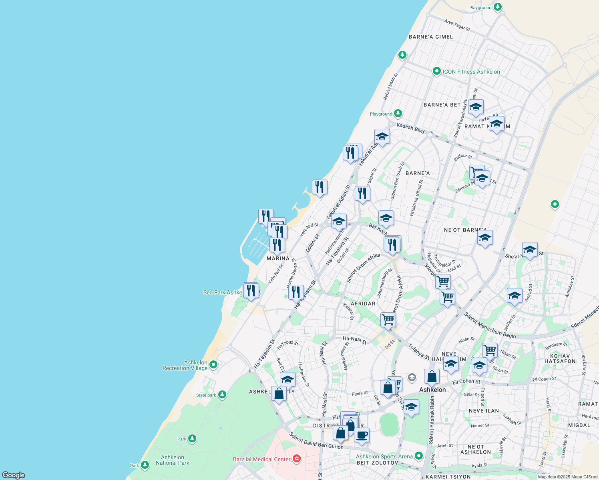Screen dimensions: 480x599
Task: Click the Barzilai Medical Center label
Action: pyautogui.click(x=261, y=459)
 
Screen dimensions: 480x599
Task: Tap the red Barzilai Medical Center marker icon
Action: pyautogui.click(x=297, y=458)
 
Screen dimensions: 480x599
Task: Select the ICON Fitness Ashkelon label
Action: pyautogui.click(x=471, y=72)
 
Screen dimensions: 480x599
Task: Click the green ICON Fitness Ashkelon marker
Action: pyautogui.click(x=437, y=72)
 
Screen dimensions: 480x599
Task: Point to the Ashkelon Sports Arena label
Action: pyautogui.click(x=384, y=456)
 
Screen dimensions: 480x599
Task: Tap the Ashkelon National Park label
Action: pyautogui.click(x=173, y=460)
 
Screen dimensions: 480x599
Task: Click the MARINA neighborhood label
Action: pyautogui.click(x=278, y=258)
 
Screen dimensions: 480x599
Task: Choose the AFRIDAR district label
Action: pyautogui.click(x=363, y=304)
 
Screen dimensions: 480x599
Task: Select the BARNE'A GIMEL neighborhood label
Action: pyautogui.click(x=431, y=37)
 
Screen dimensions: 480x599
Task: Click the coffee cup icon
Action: pyautogui.click(x=362, y=435)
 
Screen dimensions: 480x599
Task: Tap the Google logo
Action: pyautogui.click(x=14, y=475)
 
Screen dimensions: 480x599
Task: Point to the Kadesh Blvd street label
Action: pyautogui.click(x=410, y=128)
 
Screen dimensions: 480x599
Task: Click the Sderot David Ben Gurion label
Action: pyautogui.click(x=316, y=440)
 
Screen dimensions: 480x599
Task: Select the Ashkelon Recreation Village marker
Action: pyautogui.click(x=213, y=364)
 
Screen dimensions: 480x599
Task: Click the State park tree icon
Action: pyautogui.click(x=222, y=395)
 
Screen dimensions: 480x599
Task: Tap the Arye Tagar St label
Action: pyautogui.click(x=457, y=25)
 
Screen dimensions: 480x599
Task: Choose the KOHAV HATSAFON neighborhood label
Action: pyautogui.click(x=560, y=358)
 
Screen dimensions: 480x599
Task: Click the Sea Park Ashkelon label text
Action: pyautogui.click(x=223, y=292)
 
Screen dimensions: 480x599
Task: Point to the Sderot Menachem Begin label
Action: pyautogui.click(x=490, y=325)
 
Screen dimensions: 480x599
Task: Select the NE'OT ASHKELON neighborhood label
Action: pyautogui.click(x=475, y=449)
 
